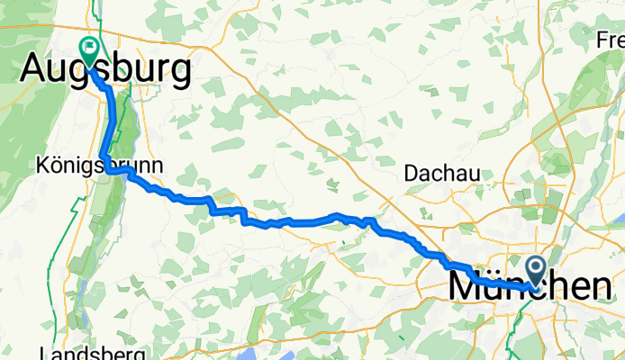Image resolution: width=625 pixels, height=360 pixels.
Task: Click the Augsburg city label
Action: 105,70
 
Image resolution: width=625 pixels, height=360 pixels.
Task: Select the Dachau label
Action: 441,172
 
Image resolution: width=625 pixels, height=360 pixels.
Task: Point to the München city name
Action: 530,288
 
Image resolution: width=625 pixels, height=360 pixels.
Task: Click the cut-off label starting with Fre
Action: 611,40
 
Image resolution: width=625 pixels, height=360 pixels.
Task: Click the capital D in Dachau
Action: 412,172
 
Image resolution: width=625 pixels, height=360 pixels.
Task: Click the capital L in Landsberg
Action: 46,352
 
